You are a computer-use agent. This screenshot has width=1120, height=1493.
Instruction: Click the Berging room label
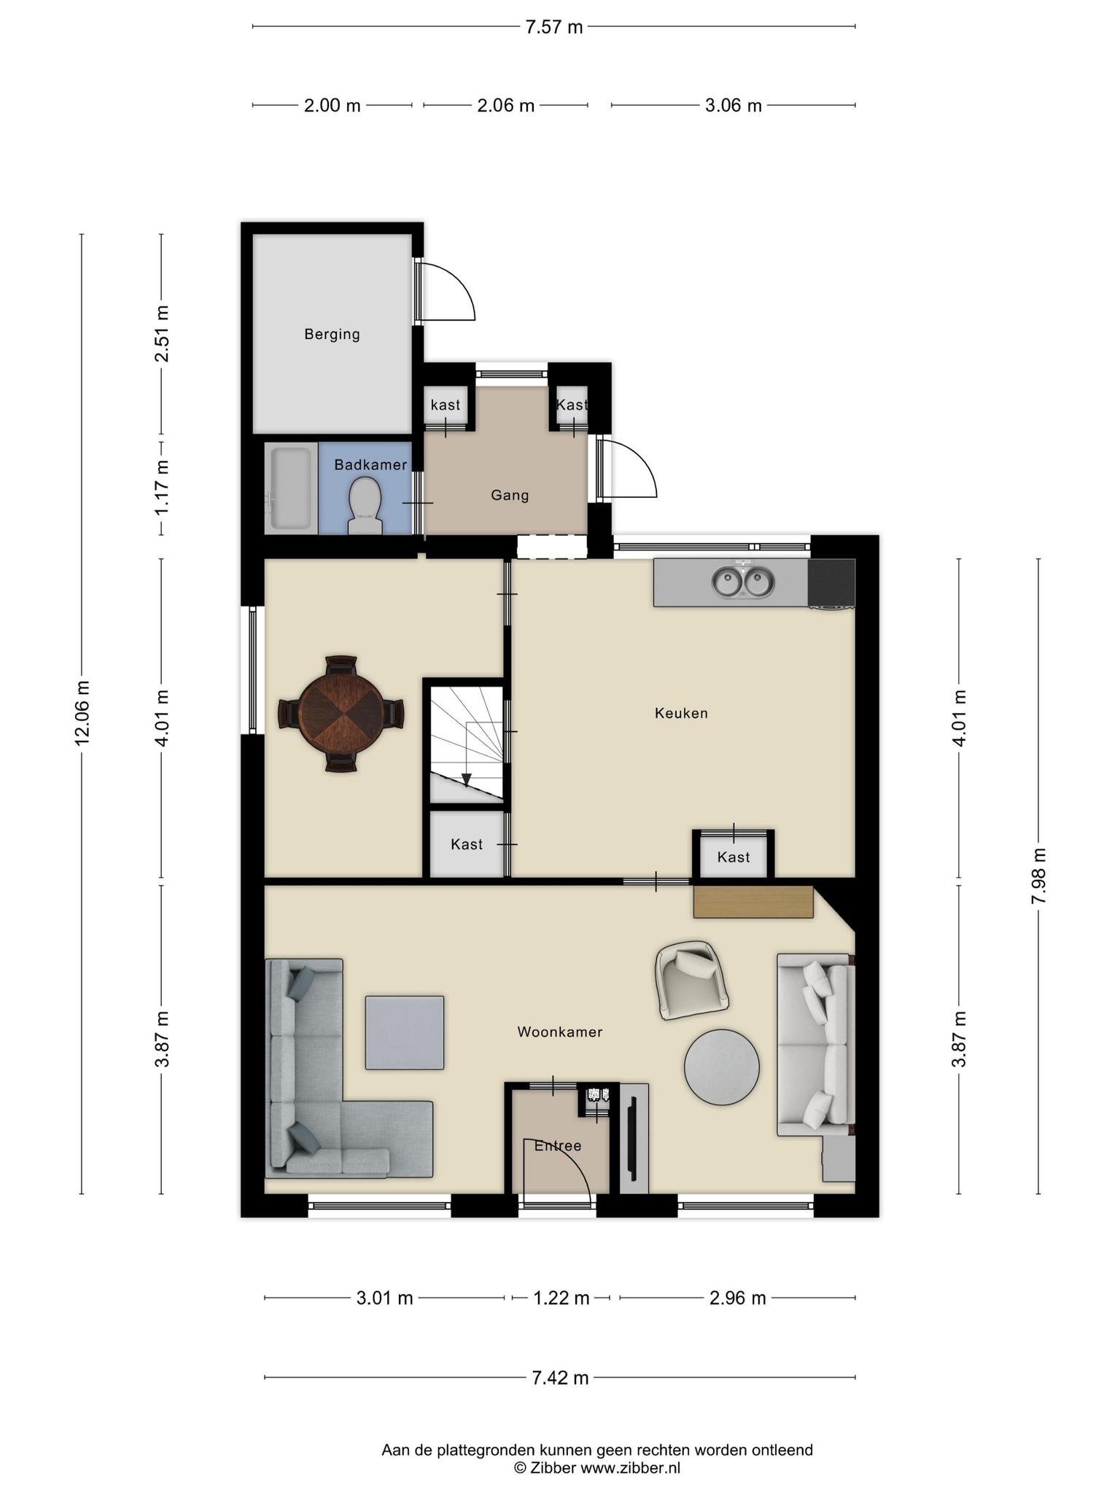(332, 335)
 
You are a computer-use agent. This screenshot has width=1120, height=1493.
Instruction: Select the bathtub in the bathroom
(291, 488)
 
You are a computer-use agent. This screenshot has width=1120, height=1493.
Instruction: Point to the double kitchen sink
(743, 582)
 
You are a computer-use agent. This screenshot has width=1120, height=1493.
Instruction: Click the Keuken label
(681, 713)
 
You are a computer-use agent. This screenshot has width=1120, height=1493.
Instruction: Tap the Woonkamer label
(560, 1032)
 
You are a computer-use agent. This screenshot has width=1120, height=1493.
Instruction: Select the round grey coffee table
(722, 1067)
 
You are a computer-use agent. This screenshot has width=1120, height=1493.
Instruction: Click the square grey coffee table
(405, 1033)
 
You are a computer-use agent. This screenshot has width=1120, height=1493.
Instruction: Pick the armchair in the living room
(692, 979)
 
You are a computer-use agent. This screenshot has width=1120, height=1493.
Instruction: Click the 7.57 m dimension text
(554, 28)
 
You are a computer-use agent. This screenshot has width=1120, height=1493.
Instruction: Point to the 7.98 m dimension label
(1038, 876)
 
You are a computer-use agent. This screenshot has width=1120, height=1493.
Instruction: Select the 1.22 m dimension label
(561, 1298)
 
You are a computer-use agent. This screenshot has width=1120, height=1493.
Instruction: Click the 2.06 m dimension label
(505, 106)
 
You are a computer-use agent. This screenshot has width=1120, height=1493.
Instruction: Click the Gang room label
(510, 496)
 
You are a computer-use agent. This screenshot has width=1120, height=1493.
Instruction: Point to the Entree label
(558, 1145)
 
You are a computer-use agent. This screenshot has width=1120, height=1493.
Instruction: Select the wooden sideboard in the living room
(753, 902)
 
